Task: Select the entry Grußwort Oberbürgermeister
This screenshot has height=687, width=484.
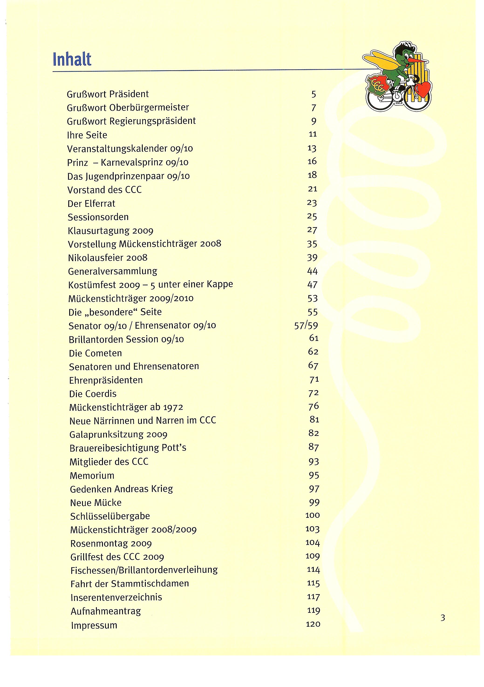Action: [128, 108]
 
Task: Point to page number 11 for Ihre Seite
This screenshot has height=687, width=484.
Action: [313, 134]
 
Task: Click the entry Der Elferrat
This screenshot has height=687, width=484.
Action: [91, 204]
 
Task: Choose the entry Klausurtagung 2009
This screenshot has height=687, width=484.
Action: [110, 231]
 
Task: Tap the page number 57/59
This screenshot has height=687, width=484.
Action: [306, 326]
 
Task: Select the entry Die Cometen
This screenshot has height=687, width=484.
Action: [95, 353]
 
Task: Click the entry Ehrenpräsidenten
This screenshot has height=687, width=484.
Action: [106, 380]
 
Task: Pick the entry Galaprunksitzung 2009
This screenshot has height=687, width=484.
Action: [118, 434]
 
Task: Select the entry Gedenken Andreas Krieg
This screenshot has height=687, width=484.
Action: [121, 489]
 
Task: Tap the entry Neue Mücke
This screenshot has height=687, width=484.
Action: [95, 503]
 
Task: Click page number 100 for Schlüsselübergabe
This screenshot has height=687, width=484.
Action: [312, 515]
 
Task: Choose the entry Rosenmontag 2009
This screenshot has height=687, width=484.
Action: [111, 543]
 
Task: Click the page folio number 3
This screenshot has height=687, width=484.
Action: [443, 618]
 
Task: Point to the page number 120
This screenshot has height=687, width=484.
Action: [313, 624]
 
